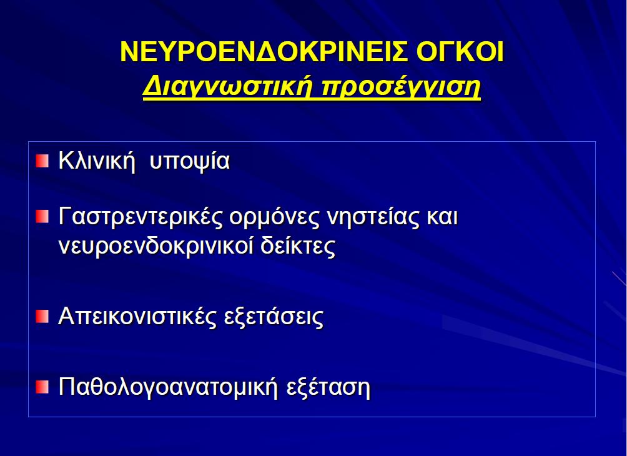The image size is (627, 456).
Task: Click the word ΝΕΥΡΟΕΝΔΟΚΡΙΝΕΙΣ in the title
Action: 264,52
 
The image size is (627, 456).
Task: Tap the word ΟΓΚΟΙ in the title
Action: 460,52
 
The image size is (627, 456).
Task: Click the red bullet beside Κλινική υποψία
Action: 42,161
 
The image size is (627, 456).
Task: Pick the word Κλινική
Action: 97,161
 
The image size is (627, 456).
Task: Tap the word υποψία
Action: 190,162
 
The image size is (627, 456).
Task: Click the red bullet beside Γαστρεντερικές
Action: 42,216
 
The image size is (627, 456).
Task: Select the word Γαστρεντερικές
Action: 141,217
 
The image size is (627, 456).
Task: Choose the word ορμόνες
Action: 274,219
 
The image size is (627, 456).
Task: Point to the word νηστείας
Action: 373,217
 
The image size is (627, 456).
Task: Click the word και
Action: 442,217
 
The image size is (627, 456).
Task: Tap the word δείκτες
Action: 298,246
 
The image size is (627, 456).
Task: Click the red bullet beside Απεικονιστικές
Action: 42,316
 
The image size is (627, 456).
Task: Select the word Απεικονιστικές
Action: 137,317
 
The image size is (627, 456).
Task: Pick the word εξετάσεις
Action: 274,317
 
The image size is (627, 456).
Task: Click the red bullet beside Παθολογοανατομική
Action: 42,387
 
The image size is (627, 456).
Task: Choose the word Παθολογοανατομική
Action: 169,387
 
